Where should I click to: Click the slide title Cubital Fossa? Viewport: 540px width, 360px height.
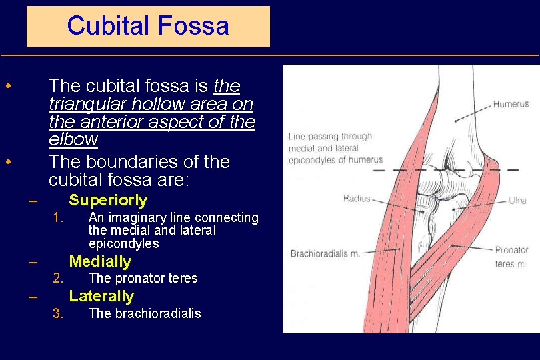[x=148, y=26]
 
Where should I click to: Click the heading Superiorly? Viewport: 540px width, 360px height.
[x=108, y=200]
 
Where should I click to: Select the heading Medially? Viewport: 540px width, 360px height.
[x=100, y=261]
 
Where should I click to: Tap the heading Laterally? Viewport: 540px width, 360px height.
[x=101, y=296]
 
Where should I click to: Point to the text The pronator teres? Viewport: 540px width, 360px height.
[x=143, y=279]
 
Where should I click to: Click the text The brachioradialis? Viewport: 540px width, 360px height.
[x=144, y=313]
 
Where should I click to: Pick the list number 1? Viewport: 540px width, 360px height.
[x=58, y=218]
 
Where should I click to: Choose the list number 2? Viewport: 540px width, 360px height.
[x=58, y=279]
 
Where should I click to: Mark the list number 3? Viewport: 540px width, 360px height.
[x=58, y=313]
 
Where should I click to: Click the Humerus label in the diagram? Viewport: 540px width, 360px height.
[x=511, y=104]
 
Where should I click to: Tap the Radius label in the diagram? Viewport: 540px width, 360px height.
[x=356, y=199]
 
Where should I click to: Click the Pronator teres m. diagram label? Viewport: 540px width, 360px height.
[x=511, y=257]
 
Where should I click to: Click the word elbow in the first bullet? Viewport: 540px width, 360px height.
[x=73, y=140]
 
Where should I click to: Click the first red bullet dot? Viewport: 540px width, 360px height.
[x=7, y=87]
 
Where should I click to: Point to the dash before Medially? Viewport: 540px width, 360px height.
[x=33, y=262]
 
